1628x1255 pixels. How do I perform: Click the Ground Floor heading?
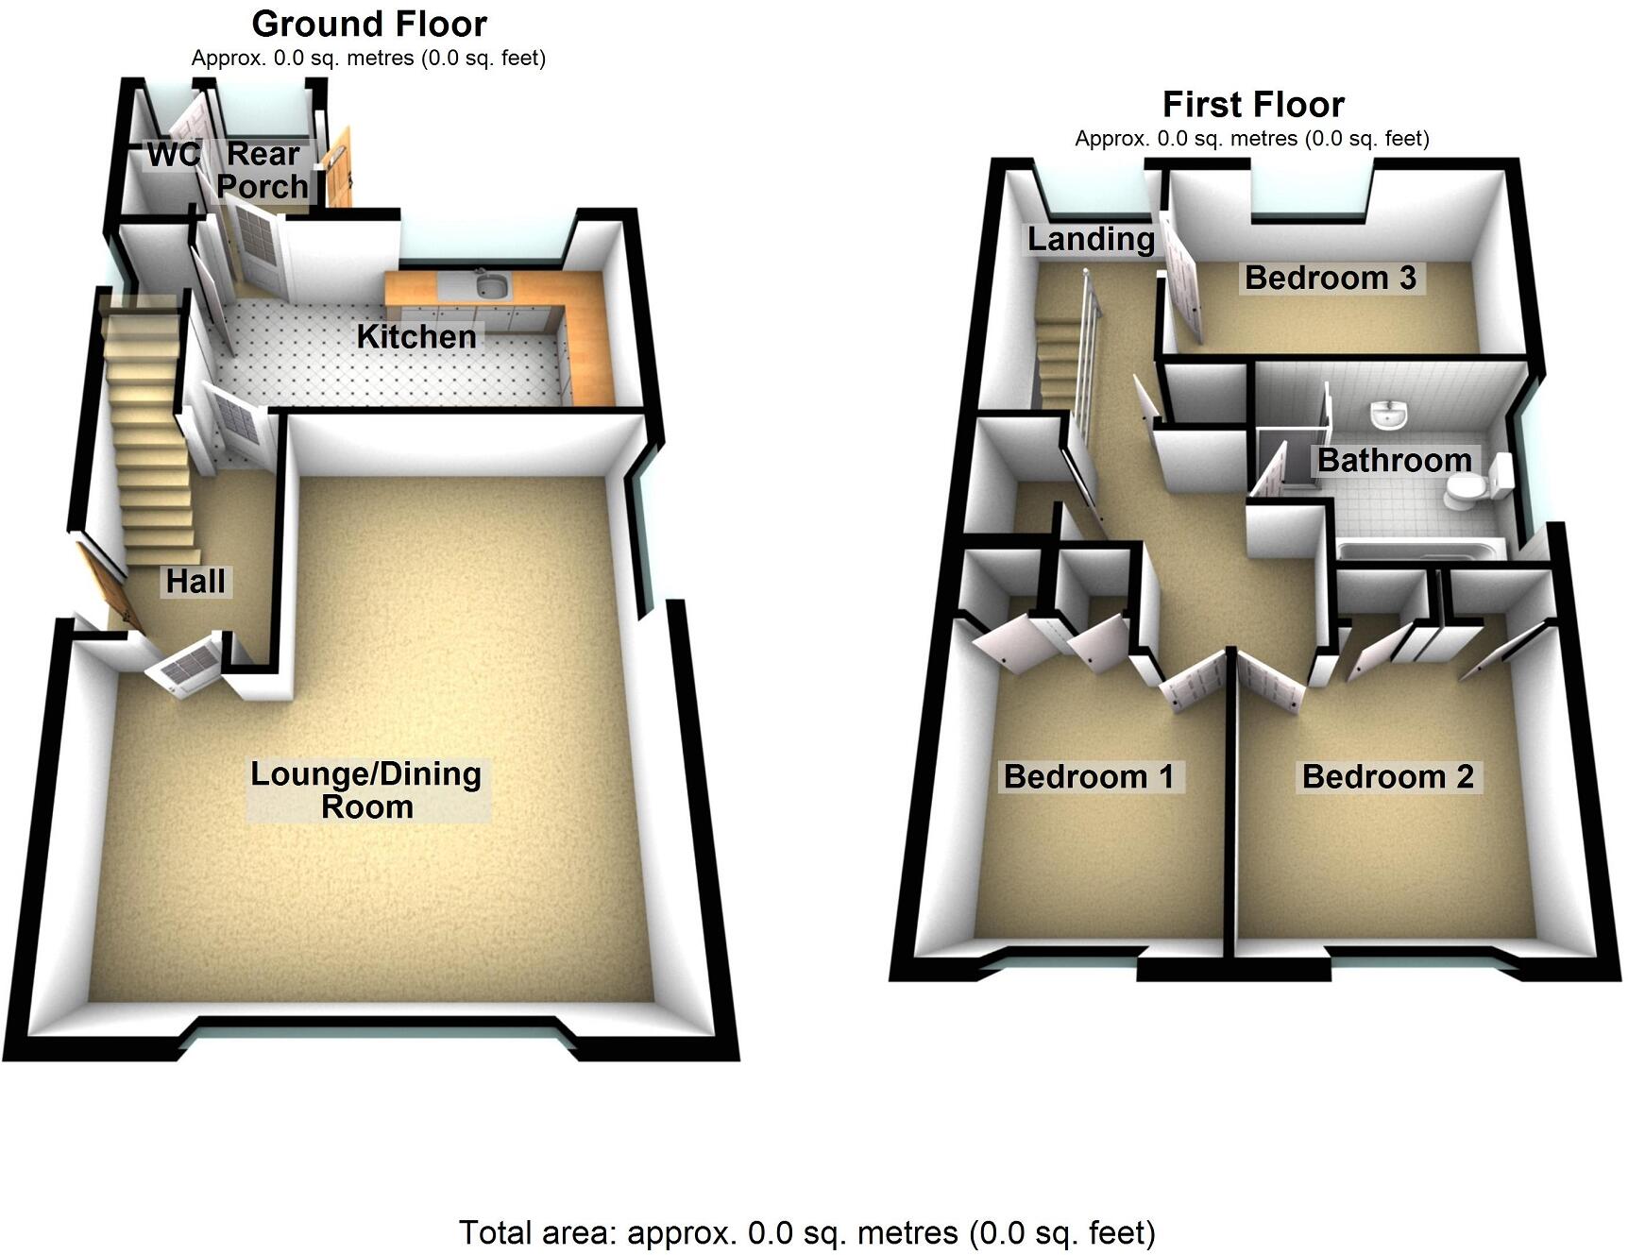(x=369, y=24)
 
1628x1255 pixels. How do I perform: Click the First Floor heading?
(x=1253, y=104)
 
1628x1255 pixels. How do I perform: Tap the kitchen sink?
(x=492, y=283)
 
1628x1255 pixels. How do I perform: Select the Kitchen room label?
(x=416, y=336)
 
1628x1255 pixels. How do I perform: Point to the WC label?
(x=174, y=154)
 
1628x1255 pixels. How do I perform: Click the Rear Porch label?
(x=263, y=170)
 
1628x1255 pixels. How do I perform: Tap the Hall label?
(x=195, y=581)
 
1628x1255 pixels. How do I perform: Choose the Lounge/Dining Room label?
(x=366, y=790)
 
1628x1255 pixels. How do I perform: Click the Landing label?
(x=1091, y=239)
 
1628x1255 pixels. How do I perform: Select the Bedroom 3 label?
(x=1331, y=278)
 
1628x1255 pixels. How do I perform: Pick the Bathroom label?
(x=1395, y=460)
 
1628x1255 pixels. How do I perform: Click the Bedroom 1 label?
(x=1089, y=776)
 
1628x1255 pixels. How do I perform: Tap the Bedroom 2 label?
(x=1387, y=776)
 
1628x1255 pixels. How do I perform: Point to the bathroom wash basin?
(x=1388, y=413)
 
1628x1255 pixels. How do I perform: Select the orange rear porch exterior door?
(x=337, y=170)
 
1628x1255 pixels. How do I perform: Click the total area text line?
(x=806, y=1232)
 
